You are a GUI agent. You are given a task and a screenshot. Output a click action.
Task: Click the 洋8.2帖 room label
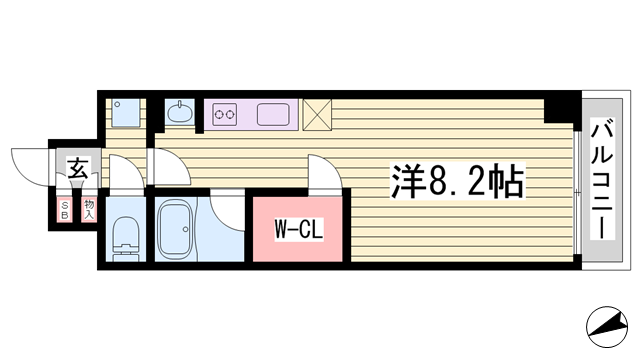click(457, 182)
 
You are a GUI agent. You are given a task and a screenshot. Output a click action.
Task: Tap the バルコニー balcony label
click(602, 179)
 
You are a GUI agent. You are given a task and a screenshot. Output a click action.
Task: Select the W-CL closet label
click(299, 229)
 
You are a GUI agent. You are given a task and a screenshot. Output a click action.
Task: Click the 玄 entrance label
click(78, 168)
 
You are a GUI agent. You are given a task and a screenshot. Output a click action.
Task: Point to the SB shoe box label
click(64, 210)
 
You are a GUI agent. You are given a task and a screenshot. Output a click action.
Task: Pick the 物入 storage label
click(89, 210)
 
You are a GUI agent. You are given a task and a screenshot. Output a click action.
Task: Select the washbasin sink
click(180, 113)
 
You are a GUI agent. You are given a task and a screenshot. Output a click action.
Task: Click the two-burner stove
click(225, 114)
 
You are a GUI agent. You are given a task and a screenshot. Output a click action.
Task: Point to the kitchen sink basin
click(273, 114)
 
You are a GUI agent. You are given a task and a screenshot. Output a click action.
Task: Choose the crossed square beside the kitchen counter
click(317, 115)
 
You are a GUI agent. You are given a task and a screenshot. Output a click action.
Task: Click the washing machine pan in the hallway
click(126, 113)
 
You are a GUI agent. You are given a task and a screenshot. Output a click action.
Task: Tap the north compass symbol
click(607, 327)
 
